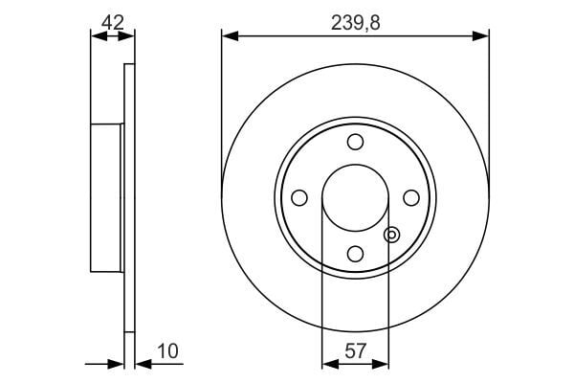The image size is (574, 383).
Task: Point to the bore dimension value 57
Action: pyautogui.click(x=355, y=350)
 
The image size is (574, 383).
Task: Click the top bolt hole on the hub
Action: pyautogui.click(x=356, y=143)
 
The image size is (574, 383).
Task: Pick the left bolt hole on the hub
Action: pyautogui.click(x=299, y=197)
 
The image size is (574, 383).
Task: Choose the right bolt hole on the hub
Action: pyautogui.click(x=411, y=197)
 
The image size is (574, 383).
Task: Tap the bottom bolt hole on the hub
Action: pyautogui.click(x=356, y=253)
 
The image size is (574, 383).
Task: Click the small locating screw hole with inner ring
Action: pyautogui.click(x=390, y=234)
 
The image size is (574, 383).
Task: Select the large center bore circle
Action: pyautogui.click(x=356, y=197)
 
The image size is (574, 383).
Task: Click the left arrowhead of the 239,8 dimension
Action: pyautogui.click(x=228, y=36)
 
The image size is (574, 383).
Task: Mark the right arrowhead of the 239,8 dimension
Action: pyautogui.click(x=483, y=36)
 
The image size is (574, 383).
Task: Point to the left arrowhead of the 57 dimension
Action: pyautogui.click(x=328, y=364)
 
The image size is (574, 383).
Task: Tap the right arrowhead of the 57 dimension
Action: pyautogui.click(x=384, y=364)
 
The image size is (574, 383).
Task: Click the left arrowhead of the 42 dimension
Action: pyautogui.click(x=96, y=36)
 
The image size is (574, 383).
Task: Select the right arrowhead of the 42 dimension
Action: pyautogui.click(x=129, y=36)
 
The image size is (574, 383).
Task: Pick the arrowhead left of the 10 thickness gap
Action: pyautogui.click(x=118, y=364)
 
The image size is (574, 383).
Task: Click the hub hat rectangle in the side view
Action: pyautogui.click(x=108, y=197)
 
